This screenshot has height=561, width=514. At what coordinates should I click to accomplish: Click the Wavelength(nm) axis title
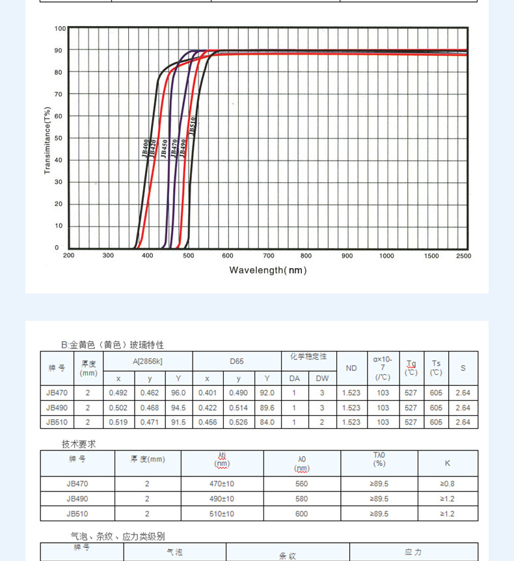267,270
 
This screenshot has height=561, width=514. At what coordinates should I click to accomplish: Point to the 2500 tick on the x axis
463,256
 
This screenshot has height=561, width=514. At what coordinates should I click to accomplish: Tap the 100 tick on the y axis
60,29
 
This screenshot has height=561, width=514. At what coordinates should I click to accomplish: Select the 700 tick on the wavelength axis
268,256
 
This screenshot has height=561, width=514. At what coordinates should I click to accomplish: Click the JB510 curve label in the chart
193,125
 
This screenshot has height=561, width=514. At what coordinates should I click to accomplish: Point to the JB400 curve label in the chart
144,148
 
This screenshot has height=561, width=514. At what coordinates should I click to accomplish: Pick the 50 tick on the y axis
59,138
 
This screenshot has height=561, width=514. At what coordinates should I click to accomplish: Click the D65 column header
236,361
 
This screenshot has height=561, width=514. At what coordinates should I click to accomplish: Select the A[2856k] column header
147,361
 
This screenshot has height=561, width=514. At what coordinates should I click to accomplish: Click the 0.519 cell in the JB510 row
118,422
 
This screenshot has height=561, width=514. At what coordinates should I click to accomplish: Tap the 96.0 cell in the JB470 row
178,392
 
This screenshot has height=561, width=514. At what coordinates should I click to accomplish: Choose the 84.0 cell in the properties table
267,422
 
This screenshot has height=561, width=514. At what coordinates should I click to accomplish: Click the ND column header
351,368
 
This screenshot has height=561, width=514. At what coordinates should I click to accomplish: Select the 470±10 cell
222,484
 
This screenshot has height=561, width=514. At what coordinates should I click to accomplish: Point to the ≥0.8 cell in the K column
447,484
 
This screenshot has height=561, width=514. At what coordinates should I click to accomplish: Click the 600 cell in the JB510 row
302,513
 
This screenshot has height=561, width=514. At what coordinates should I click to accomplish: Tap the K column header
447,463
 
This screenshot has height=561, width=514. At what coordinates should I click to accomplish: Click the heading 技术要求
79,444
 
